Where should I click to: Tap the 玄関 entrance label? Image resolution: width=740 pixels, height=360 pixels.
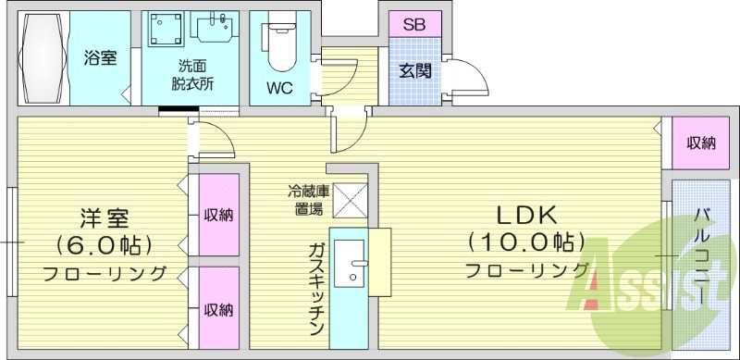pos(414,71)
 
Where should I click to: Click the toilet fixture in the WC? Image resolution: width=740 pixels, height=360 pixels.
pos(279,46)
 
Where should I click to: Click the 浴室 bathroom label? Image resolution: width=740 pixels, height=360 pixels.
pos(100,58)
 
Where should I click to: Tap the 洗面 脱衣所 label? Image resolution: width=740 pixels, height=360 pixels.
pos(193,73)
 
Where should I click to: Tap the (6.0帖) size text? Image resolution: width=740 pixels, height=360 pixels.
pos(103,246)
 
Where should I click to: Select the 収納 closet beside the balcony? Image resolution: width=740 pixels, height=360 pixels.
pos(700,143)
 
